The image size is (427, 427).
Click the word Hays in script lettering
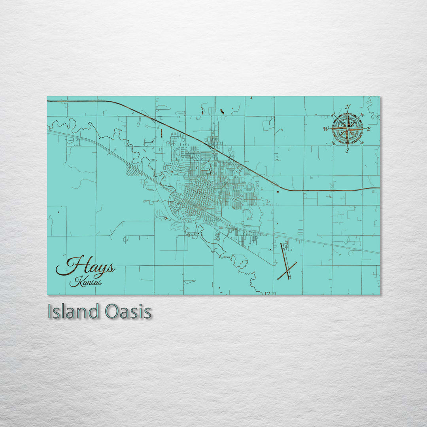tap(86, 267)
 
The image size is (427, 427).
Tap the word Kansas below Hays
tap(85, 282)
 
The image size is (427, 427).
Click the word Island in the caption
tap(73, 312)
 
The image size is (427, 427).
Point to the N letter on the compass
tap(348, 107)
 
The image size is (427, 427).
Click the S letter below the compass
tap(347, 151)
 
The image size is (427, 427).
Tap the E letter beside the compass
tap(368, 129)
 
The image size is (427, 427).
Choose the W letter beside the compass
tap(326, 129)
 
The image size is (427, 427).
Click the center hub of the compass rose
tap(347, 128)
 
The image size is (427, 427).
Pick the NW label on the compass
tap(333, 115)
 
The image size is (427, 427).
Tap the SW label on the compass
tap(333, 143)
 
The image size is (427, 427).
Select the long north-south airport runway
tap(285, 259)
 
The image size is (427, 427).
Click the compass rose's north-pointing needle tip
tap(348, 112)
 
